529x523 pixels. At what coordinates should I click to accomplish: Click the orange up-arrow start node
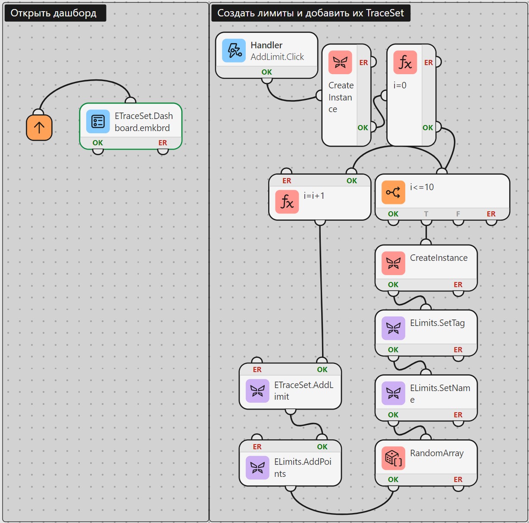[x=39, y=127]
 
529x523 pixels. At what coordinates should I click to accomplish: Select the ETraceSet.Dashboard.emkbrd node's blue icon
[x=98, y=121]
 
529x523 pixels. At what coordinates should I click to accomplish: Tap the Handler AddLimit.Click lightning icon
[x=234, y=50]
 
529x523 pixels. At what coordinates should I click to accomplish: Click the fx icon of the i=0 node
[x=405, y=63]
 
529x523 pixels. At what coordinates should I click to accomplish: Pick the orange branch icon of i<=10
[x=393, y=192]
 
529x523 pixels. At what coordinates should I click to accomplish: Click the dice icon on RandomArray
[x=393, y=458]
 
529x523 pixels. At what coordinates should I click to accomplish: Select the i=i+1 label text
[x=314, y=196]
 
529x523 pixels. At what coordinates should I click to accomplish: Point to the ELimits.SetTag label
[x=437, y=323]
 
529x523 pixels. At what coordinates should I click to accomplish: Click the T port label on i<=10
[x=426, y=214]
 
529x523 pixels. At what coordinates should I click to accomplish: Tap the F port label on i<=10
[x=458, y=214]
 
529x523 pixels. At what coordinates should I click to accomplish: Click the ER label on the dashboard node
[x=163, y=143]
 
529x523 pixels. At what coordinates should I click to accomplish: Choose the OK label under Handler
[x=266, y=72]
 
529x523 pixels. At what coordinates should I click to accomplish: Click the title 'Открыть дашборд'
[x=53, y=13]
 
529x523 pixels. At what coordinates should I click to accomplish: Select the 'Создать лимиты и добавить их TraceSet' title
[x=310, y=13]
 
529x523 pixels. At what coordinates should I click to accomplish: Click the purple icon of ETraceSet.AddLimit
[x=257, y=391]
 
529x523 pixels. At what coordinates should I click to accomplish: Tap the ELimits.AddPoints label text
[x=303, y=467]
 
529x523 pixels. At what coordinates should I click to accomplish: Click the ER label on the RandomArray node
[x=458, y=479]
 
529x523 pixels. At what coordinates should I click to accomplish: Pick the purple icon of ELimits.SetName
[x=393, y=393]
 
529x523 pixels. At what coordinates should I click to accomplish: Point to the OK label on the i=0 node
[x=428, y=128]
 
